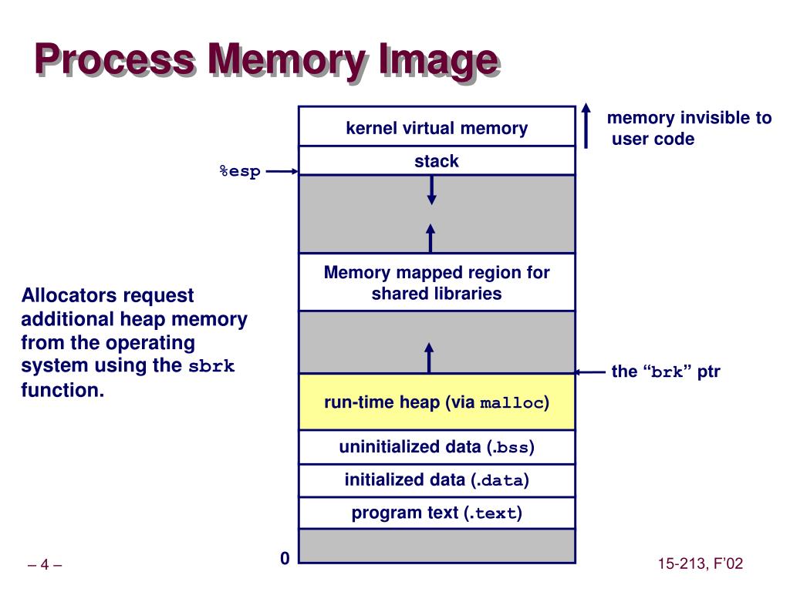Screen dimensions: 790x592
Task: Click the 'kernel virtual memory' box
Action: (437, 126)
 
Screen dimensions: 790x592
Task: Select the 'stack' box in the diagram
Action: (437, 161)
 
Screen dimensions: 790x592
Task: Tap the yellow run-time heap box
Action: (437, 402)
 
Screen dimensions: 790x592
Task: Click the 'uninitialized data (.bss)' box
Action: (437, 447)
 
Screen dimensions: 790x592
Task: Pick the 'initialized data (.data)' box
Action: (437, 480)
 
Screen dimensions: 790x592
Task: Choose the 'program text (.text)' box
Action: (437, 513)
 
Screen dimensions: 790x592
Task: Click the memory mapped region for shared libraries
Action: (437, 282)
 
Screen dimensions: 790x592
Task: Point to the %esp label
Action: (241, 172)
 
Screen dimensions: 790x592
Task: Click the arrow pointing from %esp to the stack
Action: (282, 172)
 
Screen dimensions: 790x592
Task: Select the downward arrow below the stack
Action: (432, 190)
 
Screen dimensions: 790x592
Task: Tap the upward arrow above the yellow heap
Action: (429, 358)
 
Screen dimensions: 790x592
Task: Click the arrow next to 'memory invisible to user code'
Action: (586, 126)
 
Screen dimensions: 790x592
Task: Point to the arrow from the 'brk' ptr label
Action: (590, 372)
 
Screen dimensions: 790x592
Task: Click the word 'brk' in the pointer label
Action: (667, 372)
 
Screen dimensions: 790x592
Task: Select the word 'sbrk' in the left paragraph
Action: (211, 366)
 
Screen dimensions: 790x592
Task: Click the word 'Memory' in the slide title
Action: (287, 60)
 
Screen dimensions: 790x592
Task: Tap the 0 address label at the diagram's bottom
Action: (285, 558)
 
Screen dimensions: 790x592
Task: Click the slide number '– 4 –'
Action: (45, 565)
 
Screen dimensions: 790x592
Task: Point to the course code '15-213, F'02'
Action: (701, 563)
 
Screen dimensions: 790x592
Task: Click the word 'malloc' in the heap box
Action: (512, 403)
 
